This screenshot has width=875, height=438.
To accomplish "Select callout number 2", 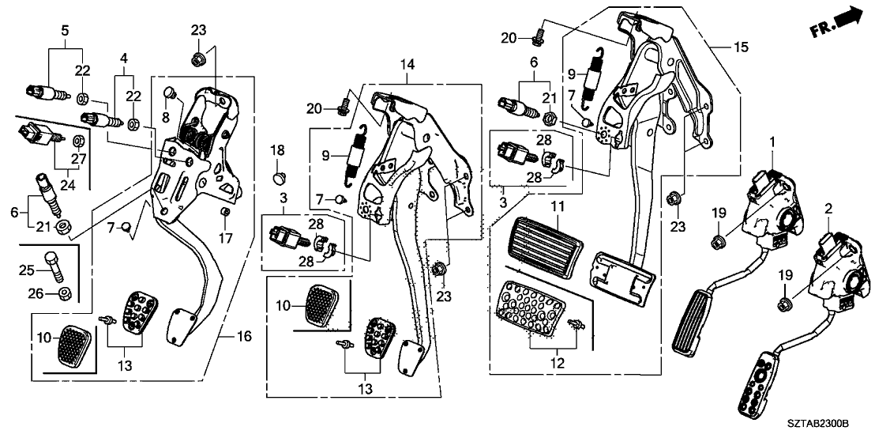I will tap(828, 209).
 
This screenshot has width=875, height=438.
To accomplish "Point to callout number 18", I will tap(277, 150).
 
